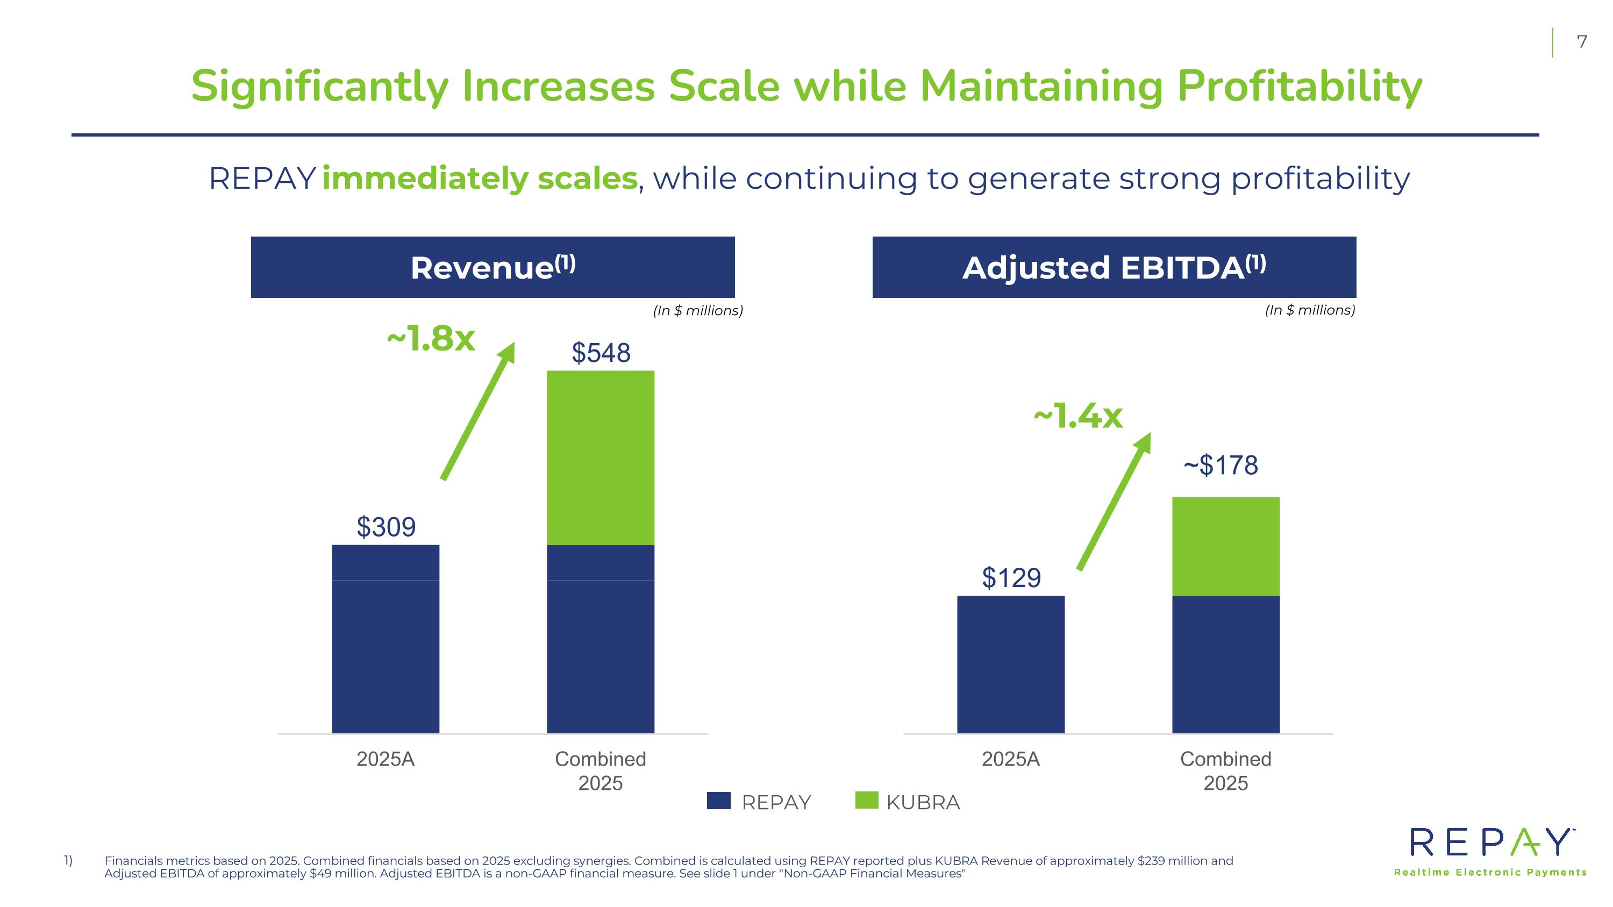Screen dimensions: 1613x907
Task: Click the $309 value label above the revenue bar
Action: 386,527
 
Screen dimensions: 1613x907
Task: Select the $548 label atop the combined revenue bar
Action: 601,353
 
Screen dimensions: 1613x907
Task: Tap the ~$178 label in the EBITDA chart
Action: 1221,466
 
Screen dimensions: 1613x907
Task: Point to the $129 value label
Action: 1011,578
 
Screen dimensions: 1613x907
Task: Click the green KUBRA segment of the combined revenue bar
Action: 601,458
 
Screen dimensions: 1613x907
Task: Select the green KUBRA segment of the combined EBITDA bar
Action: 1225,546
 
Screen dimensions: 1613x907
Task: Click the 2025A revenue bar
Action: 386,639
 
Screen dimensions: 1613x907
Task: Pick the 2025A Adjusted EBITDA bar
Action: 1011,664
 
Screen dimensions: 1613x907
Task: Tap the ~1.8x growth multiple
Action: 431,339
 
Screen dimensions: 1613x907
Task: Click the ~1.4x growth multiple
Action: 1077,416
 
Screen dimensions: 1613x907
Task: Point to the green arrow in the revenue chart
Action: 478,411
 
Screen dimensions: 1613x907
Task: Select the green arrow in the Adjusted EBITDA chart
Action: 1114,502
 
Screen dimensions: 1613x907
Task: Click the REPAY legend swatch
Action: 718,801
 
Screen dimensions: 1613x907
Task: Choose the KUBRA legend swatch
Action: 867,800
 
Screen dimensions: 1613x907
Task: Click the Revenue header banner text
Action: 493,267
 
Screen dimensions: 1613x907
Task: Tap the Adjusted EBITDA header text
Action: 1114,267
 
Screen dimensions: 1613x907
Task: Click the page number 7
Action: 1582,42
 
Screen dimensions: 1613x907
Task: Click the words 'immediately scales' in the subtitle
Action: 480,178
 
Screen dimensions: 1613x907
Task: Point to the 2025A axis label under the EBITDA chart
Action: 1011,759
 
